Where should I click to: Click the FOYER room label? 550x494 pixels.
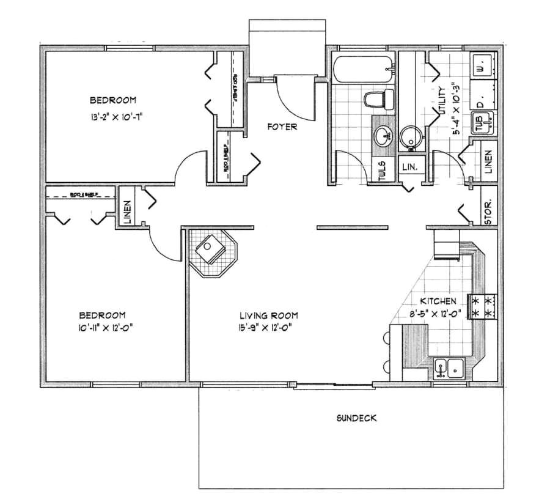coord(282,127)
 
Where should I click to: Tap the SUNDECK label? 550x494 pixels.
coord(356,419)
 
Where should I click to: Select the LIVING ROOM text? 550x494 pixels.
coord(268,315)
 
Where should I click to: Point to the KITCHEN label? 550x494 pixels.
coord(438,301)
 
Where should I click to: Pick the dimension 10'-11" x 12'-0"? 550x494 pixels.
coord(106,328)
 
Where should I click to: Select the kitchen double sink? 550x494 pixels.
coord(449,369)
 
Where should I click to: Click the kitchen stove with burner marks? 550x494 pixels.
coord(482,306)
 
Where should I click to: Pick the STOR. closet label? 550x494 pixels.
coord(489,213)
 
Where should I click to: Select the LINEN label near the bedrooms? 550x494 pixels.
coord(128,213)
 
